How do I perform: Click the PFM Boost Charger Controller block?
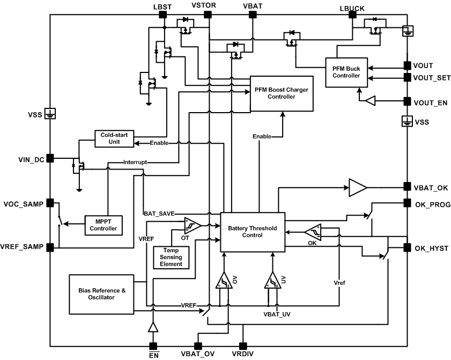tap(282, 93)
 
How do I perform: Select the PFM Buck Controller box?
tap(346, 71)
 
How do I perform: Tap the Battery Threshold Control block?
tap(253, 231)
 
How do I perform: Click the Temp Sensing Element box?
tap(171, 256)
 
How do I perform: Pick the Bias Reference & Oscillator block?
tap(102, 294)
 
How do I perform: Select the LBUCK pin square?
tap(352, 15)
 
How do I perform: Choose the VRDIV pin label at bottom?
tap(243, 354)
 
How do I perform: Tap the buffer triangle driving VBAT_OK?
tap(357, 187)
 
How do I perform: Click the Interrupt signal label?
tap(135, 161)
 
